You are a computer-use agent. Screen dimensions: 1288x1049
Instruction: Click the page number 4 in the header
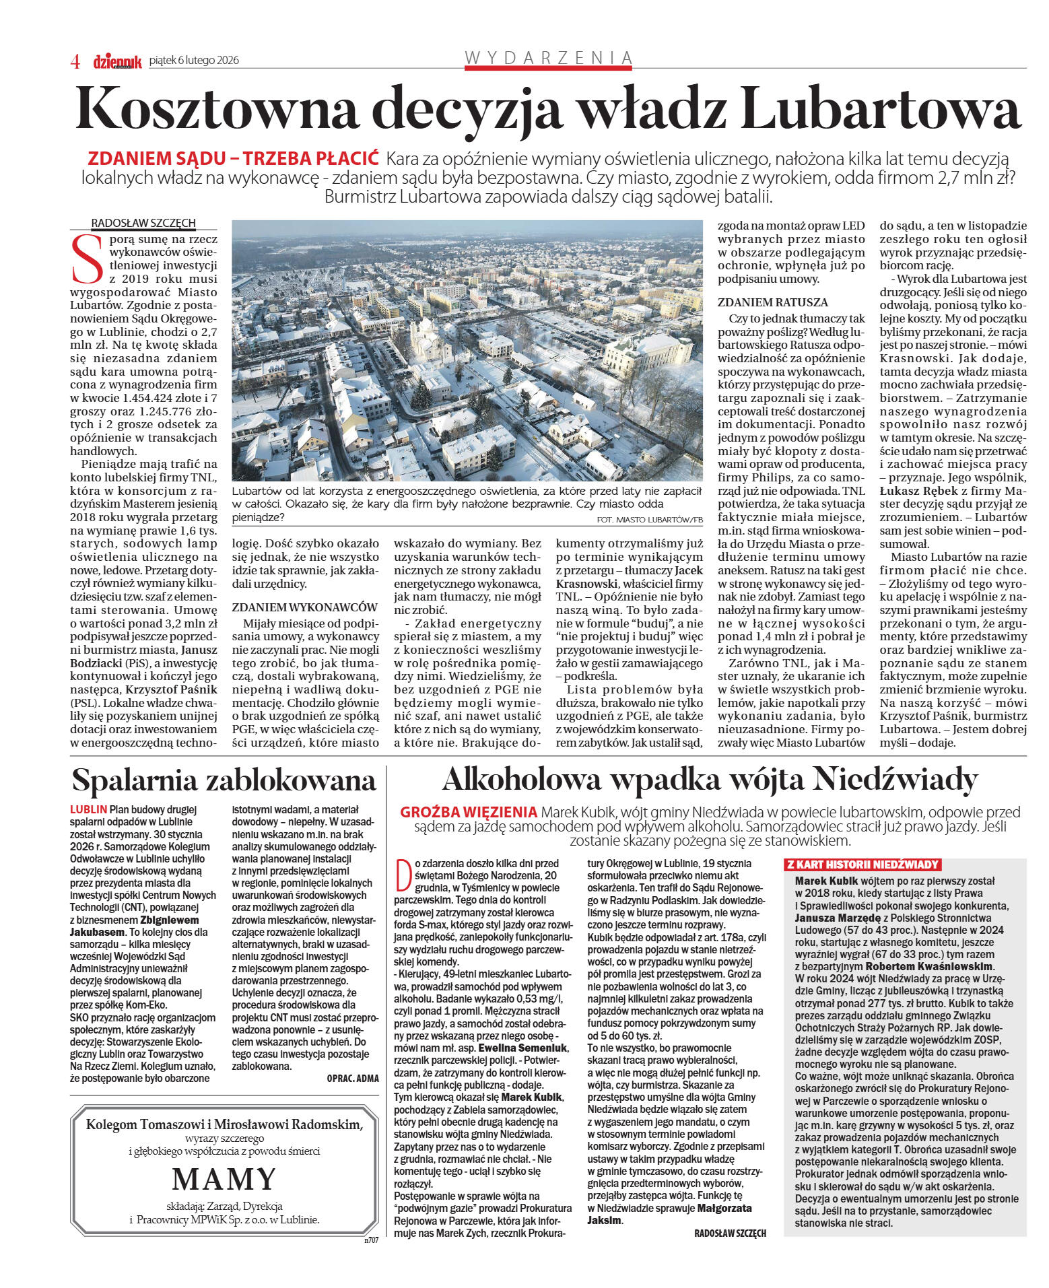pyautogui.click(x=75, y=61)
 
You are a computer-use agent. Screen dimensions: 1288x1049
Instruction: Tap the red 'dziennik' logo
pyautogui.click(x=117, y=61)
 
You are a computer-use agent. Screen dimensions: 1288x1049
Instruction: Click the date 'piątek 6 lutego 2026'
pyautogui.click(x=194, y=60)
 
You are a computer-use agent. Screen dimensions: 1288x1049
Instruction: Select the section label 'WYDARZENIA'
pyautogui.click(x=548, y=58)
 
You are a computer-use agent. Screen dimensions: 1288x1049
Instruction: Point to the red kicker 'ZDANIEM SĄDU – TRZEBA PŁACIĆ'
pyautogui.click(x=233, y=159)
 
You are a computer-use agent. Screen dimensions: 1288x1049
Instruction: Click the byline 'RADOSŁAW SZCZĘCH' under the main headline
pyautogui.click(x=143, y=223)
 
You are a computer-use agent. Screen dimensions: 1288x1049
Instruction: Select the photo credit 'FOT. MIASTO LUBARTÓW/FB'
pyautogui.click(x=649, y=520)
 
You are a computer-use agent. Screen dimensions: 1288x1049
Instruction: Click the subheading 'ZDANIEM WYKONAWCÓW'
pyautogui.click(x=304, y=607)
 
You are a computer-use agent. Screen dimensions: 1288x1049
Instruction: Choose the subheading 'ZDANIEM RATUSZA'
pyautogui.click(x=772, y=302)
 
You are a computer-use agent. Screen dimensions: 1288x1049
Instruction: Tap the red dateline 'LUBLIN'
pyautogui.click(x=88, y=809)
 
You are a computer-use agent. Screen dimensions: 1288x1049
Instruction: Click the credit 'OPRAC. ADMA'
pyautogui.click(x=352, y=1078)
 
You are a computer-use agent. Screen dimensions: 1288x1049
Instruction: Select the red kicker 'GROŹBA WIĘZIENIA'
pyautogui.click(x=468, y=812)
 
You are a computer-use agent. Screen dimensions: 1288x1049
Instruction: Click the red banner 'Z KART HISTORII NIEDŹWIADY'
pyautogui.click(x=862, y=865)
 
